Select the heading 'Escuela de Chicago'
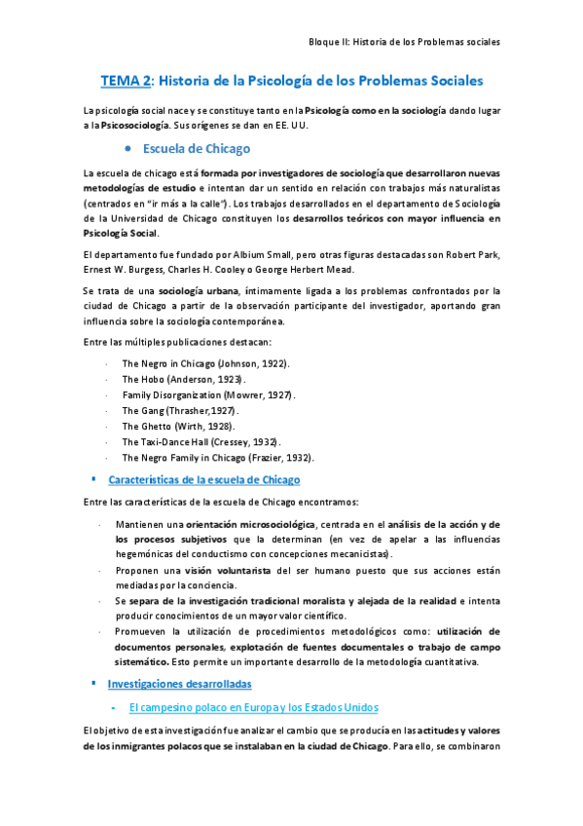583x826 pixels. (x=197, y=149)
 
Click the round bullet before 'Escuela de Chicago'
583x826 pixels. (x=129, y=149)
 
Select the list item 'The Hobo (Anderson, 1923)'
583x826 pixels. (x=183, y=378)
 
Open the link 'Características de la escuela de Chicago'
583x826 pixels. (x=204, y=480)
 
